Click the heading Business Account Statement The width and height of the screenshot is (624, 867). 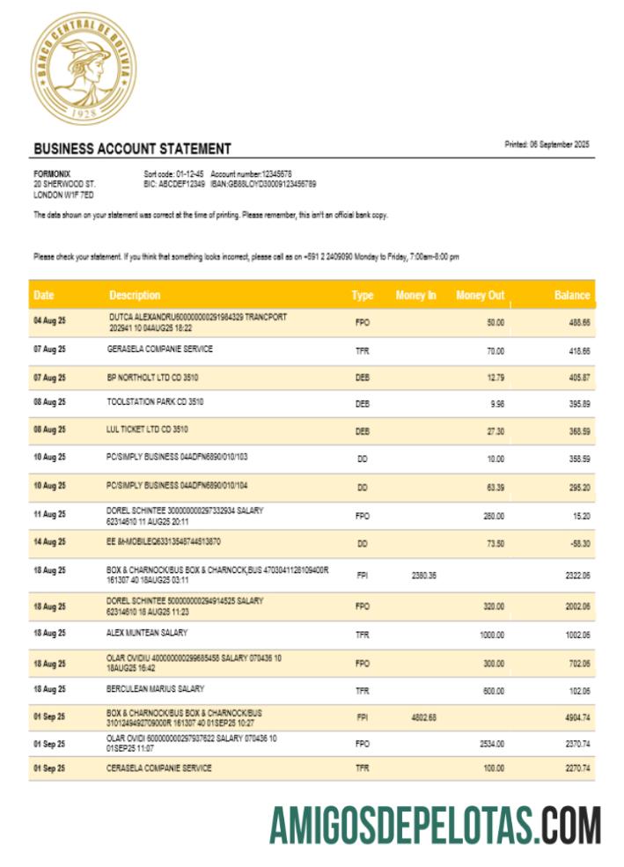(132, 149)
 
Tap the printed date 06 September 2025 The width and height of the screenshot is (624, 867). (547, 143)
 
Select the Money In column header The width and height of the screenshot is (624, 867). (415, 295)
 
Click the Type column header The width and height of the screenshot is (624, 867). (363, 295)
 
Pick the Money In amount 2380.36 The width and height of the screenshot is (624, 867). (424, 575)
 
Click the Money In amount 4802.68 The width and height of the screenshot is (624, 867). (424, 717)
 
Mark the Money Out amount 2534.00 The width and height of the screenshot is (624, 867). (491, 744)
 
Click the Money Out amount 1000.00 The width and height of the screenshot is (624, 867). (491, 634)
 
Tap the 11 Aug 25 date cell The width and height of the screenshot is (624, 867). (49, 514)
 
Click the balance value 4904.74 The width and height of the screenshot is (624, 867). (576, 717)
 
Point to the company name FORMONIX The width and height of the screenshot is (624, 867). (52, 173)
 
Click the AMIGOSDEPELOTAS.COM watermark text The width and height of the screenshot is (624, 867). (435, 826)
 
